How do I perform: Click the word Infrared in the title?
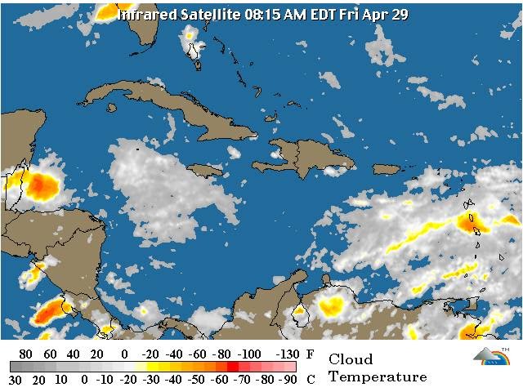(145, 14)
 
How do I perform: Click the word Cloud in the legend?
(351, 359)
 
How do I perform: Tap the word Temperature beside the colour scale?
(378, 377)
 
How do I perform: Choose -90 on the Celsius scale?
(287, 380)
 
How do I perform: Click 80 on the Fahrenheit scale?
(25, 354)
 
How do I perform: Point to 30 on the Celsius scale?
(16, 380)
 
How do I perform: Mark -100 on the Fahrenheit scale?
(251, 354)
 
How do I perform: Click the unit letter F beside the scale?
(310, 354)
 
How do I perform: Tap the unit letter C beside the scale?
(310, 380)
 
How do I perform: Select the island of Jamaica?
(204, 170)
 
